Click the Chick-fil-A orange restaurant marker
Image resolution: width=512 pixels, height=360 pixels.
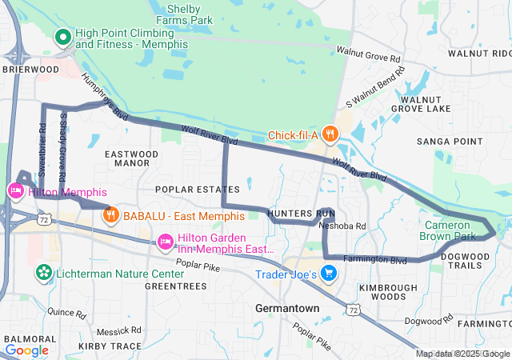pos(331,134)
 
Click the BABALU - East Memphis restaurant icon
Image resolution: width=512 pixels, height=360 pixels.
pos(111,214)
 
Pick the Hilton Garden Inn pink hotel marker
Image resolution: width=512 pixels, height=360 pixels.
pos(166,241)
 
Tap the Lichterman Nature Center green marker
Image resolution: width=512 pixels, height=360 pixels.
pos(42,274)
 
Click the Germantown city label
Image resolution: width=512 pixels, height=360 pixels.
pos(286,308)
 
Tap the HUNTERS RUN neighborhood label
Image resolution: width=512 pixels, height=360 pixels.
pos(301,214)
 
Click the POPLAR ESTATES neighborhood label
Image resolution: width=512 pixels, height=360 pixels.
pos(197,190)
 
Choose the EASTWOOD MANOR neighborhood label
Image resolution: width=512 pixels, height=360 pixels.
pos(126,158)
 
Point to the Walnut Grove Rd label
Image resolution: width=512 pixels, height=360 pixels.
pos(368,54)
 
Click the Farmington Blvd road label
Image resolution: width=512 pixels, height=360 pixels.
pos(375,260)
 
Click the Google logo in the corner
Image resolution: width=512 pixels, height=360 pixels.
pos(26,350)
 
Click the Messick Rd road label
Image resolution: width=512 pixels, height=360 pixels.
pos(118,330)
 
